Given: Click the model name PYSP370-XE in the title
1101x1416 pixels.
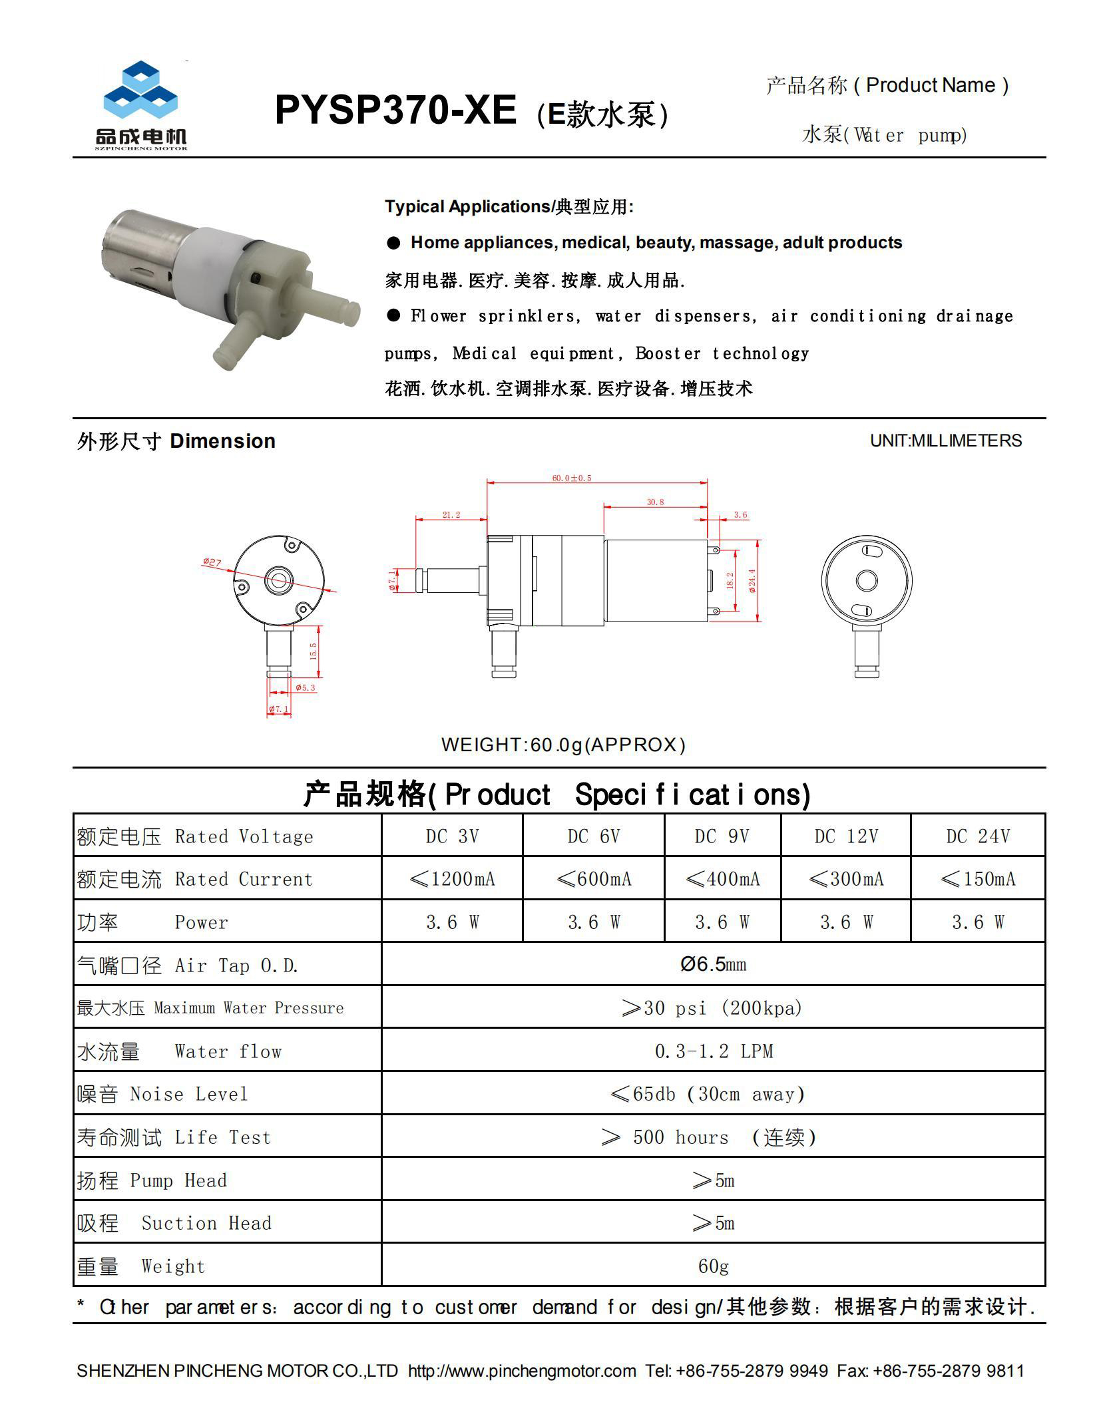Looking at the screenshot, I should [x=395, y=110].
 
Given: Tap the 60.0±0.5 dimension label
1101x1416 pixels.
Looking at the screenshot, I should [x=571, y=478].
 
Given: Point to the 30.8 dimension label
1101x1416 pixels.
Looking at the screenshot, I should [x=655, y=502].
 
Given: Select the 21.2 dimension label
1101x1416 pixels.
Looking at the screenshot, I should [x=451, y=514].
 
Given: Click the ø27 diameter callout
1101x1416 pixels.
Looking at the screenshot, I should [x=212, y=563].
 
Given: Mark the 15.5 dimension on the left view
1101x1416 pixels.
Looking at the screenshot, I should [x=313, y=650].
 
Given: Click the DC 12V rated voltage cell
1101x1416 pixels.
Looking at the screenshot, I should [x=845, y=836].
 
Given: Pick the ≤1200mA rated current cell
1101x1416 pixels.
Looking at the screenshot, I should [x=452, y=879].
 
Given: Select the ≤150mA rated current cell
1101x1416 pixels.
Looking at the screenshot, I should [x=977, y=879].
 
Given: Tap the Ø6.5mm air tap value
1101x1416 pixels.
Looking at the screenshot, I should [x=713, y=964].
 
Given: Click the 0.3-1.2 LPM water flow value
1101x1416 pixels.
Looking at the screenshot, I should [x=713, y=1051].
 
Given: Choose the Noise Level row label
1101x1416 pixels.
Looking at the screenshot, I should [x=162, y=1094].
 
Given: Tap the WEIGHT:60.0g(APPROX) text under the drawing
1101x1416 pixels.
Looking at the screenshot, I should [x=563, y=745].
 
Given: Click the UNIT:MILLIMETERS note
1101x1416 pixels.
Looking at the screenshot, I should [x=945, y=441].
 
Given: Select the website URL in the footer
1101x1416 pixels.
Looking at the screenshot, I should [x=522, y=1371].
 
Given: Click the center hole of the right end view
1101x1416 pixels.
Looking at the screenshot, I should [x=866, y=581].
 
